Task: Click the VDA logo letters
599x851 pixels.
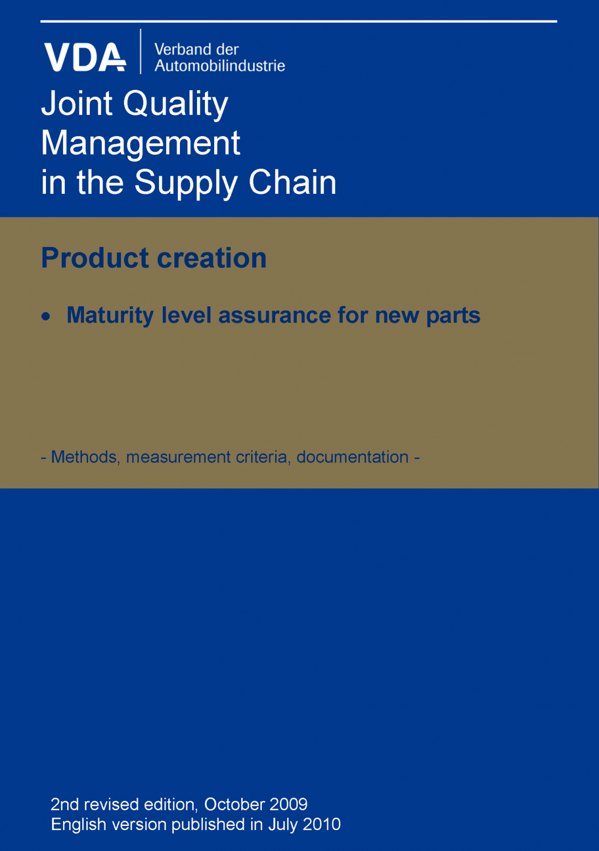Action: (x=85, y=57)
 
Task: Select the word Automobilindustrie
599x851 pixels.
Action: (x=220, y=66)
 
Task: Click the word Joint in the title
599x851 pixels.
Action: (x=77, y=104)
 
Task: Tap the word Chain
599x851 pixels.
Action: (x=292, y=182)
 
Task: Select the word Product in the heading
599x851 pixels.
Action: (x=95, y=258)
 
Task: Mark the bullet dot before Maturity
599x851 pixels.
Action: (x=46, y=317)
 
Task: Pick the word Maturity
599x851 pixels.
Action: (x=110, y=316)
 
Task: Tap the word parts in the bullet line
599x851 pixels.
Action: (x=453, y=316)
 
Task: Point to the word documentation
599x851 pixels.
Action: (x=353, y=457)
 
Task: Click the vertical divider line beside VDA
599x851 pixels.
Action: (x=141, y=52)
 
